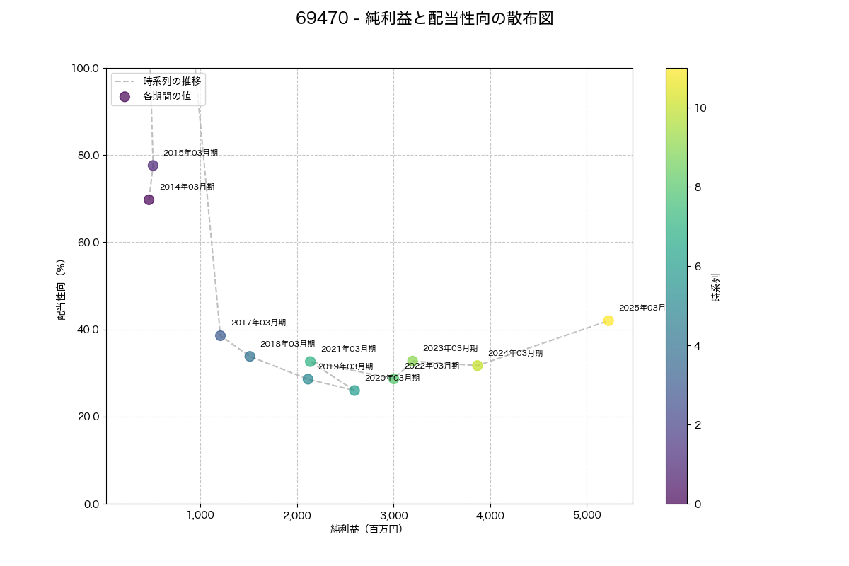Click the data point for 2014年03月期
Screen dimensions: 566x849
point(149,200)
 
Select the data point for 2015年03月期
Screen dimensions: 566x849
point(153,166)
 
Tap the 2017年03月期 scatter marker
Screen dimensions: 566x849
point(220,335)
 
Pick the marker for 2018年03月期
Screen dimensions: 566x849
point(250,356)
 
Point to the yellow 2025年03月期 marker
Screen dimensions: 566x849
point(608,320)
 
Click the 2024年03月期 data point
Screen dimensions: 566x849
point(478,366)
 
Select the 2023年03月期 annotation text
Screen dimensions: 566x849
point(450,348)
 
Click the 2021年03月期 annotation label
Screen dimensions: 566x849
point(348,349)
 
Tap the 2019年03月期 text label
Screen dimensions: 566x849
point(345,366)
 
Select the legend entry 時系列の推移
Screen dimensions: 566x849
point(172,81)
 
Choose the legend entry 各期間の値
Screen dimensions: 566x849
point(167,96)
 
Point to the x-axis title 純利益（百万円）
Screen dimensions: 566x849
point(366,529)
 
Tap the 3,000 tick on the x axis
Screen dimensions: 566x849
point(393,516)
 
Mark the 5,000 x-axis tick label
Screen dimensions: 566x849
point(587,516)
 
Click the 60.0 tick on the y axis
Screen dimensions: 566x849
point(87,242)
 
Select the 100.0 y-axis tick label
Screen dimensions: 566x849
point(85,68)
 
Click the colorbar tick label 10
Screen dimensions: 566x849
point(700,108)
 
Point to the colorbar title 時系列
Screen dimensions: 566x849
point(716,288)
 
